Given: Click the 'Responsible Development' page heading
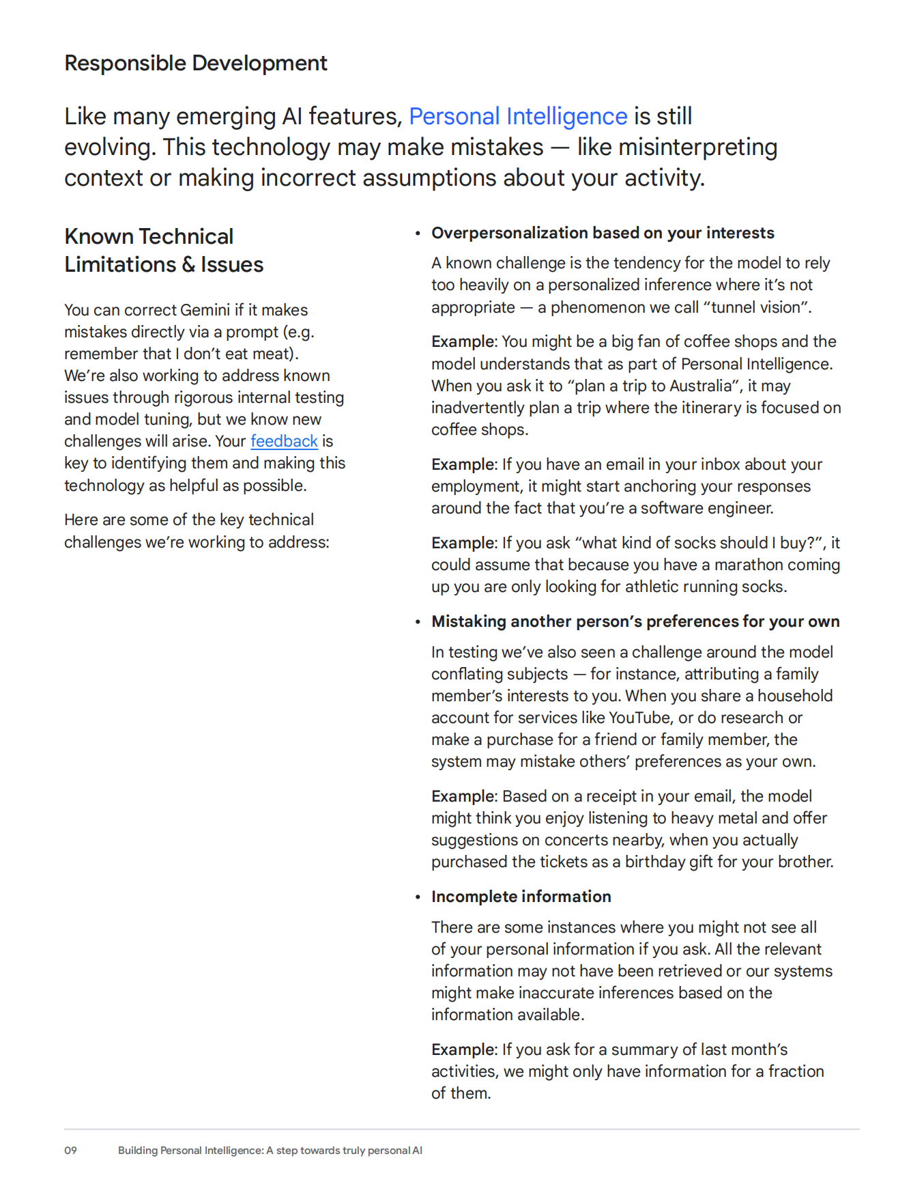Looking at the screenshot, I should click(x=195, y=63).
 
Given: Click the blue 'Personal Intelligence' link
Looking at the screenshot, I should click(x=517, y=116).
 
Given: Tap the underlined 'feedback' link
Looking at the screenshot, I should click(x=284, y=441).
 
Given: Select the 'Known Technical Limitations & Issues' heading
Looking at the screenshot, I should click(x=164, y=250).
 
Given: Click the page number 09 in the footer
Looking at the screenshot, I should click(x=70, y=1151).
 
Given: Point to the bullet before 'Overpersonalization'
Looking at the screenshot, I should click(x=418, y=234).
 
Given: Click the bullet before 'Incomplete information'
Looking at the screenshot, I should click(x=418, y=897).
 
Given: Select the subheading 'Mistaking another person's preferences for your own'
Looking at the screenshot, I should click(x=635, y=621).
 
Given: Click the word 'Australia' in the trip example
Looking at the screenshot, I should click(x=701, y=386).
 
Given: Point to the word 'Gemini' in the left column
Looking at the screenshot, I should click(x=205, y=310).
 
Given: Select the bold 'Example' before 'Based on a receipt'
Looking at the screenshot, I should click(x=463, y=796).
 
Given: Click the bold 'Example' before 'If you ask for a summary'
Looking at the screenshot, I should click(x=463, y=1050).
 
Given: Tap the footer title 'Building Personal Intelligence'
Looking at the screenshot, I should click(x=190, y=1151).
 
